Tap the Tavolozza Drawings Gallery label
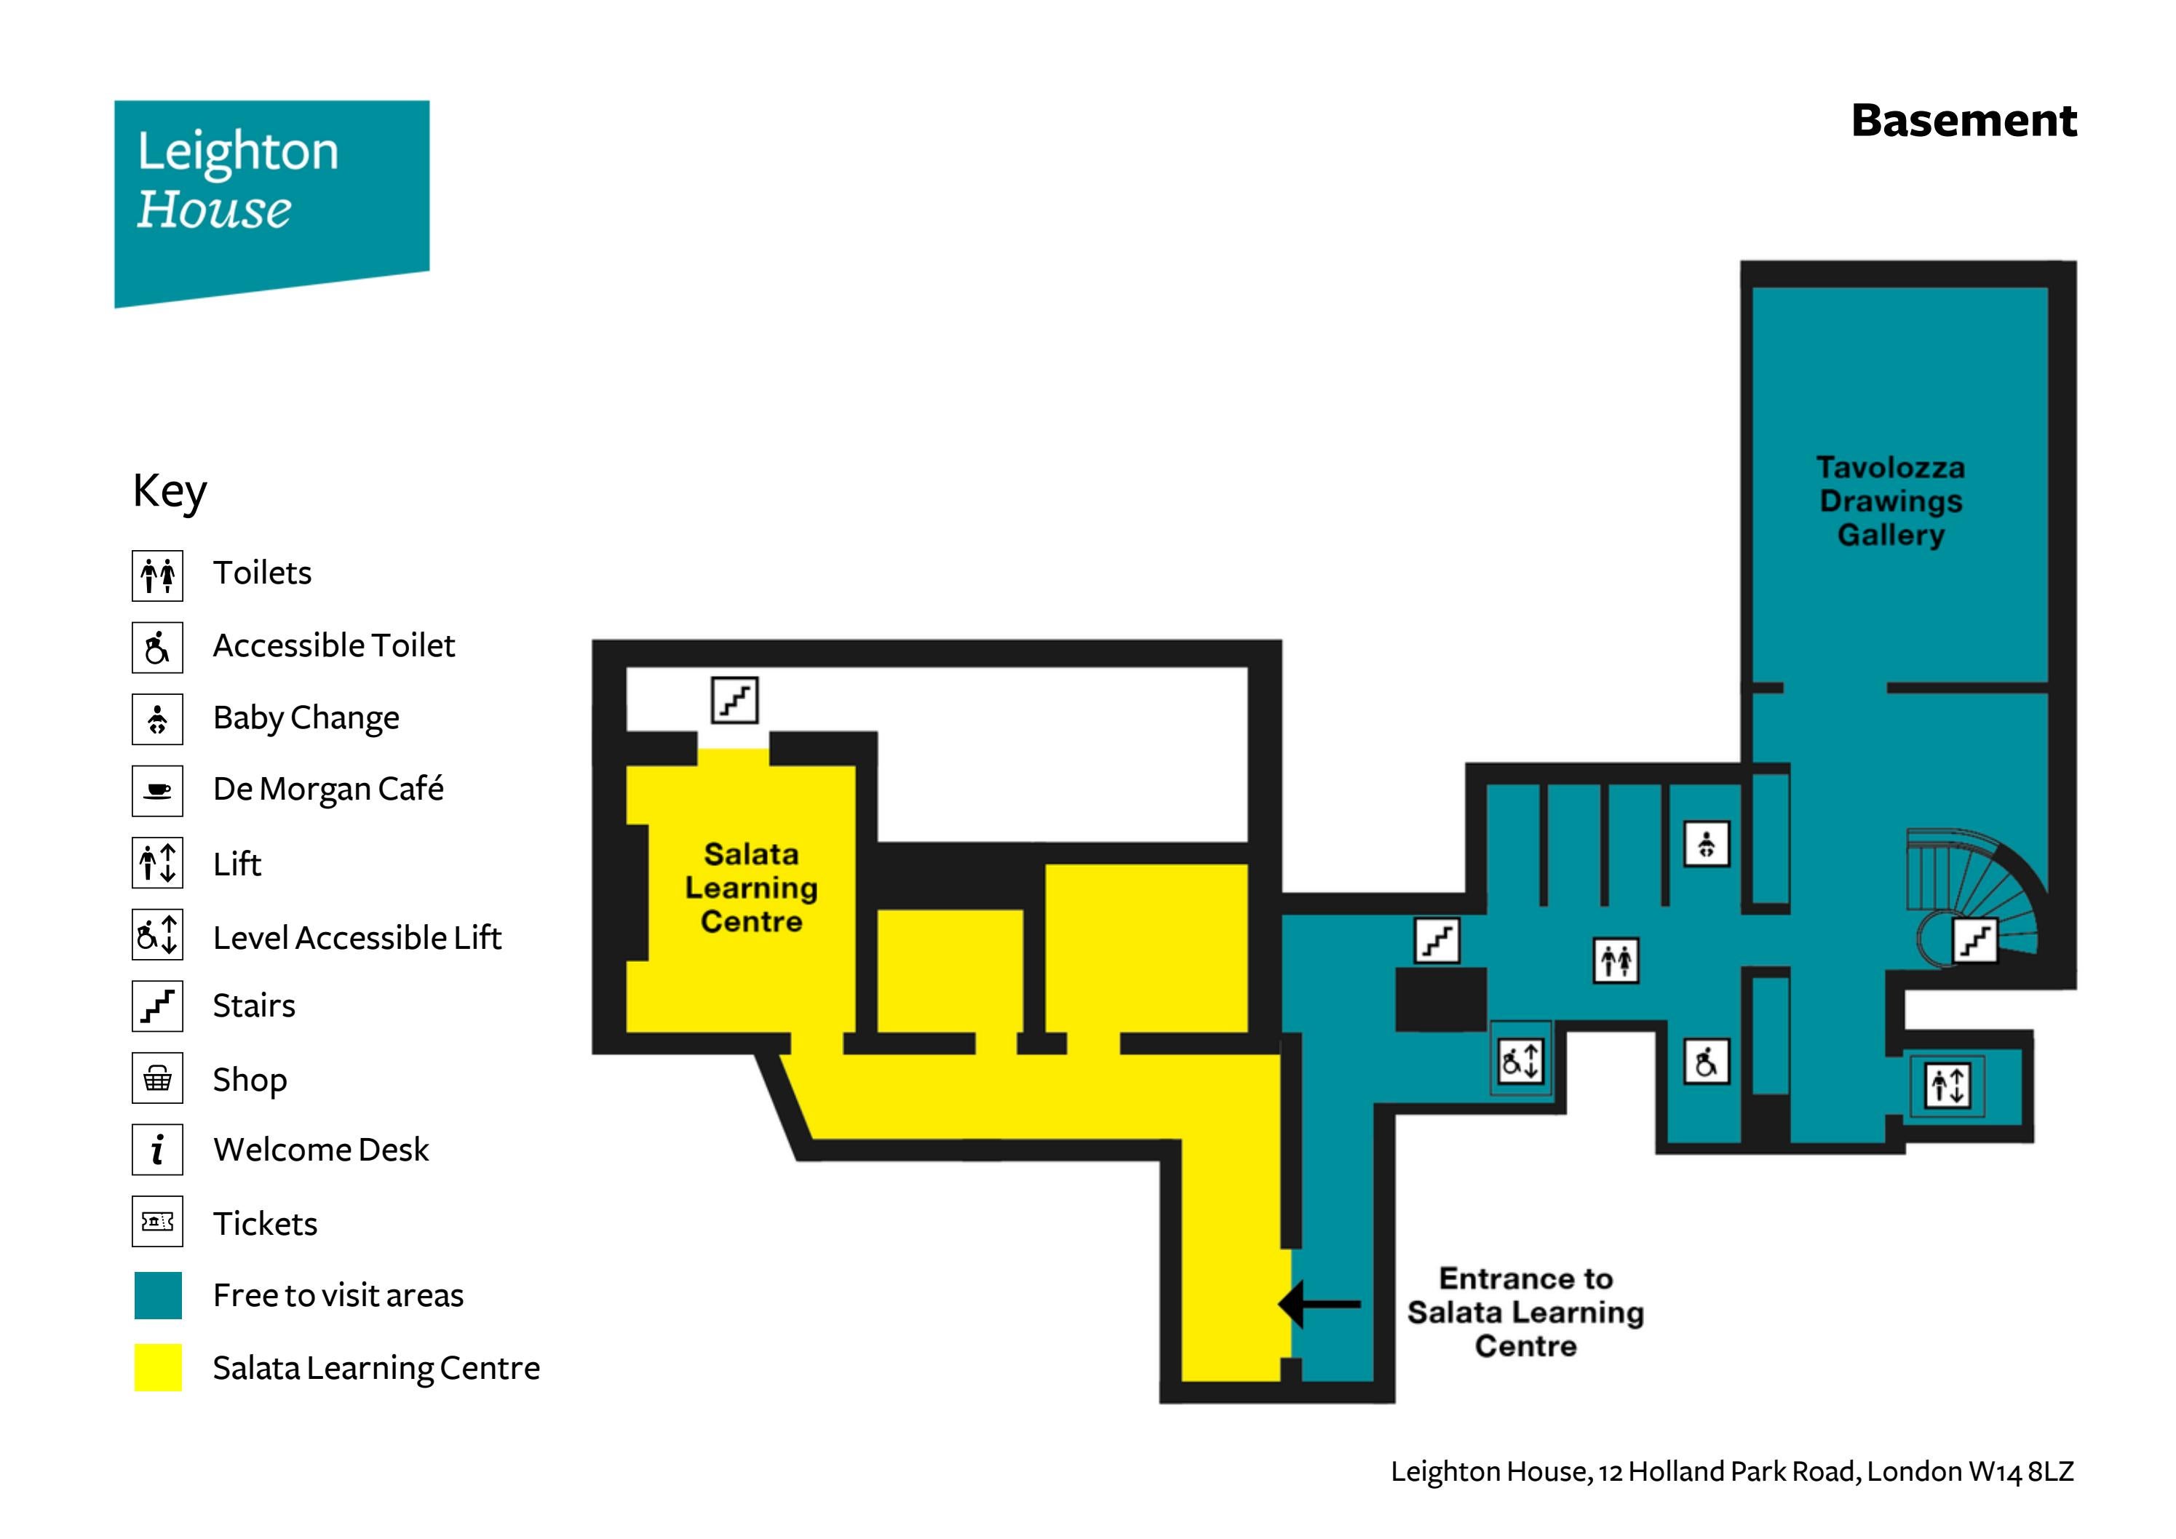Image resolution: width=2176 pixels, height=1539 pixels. (1890, 501)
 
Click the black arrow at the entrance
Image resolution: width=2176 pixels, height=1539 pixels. (1319, 1304)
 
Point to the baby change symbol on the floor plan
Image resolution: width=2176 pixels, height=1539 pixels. (1706, 843)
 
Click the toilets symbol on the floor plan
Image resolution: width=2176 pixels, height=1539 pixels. (1616, 961)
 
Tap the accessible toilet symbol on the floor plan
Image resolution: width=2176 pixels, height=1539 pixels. (1706, 1062)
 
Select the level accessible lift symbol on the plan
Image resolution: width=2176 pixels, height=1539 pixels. (1520, 1060)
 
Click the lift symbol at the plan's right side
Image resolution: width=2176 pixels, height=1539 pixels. (1947, 1085)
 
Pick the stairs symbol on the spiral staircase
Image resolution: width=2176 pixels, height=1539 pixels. (1975, 941)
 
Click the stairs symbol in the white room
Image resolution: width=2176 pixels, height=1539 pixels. (734, 699)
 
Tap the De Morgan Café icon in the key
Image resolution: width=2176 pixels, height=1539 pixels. (157, 790)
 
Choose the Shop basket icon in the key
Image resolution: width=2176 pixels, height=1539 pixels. (157, 1078)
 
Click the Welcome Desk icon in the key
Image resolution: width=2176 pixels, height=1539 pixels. (157, 1150)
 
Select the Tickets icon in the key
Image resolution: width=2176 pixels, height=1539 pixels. (157, 1222)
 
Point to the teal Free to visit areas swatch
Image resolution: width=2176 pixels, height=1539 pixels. (157, 1295)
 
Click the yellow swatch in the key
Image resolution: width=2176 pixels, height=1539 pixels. (157, 1367)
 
